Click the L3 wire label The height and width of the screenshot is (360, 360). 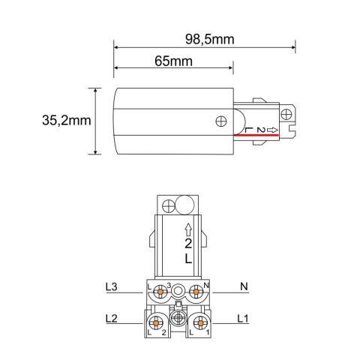tap(111, 287)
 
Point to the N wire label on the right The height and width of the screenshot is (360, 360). tap(244, 287)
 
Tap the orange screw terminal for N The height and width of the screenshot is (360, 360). tap(197, 289)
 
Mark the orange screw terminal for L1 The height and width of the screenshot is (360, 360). tap(199, 322)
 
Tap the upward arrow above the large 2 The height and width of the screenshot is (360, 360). tap(187, 229)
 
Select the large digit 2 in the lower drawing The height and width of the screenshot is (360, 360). tap(187, 244)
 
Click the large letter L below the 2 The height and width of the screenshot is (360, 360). tap(187, 258)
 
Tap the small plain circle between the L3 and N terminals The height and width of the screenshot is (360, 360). tap(178, 289)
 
